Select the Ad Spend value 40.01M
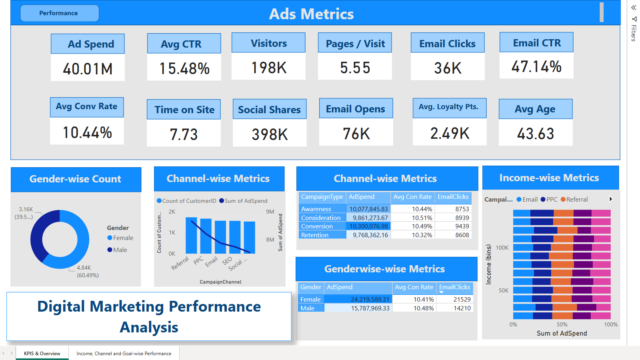coord(88,69)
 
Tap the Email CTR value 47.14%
coord(536,66)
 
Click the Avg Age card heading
coord(535,109)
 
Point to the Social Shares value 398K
coord(270,134)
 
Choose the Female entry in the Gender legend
coord(120,238)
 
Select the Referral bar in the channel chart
coord(191,236)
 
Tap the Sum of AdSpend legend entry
coord(243,201)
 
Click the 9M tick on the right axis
coord(270,212)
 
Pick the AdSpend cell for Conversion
coord(368,226)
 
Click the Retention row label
coord(314,235)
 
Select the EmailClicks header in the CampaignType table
coord(453,196)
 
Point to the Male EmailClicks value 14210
coord(462,308)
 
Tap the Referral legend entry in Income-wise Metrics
coord(574,200)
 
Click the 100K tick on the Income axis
coord(502,248)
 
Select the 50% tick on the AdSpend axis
coord(562,324)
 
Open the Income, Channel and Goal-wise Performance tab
coord(124,354)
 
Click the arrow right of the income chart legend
coord(610,199)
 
